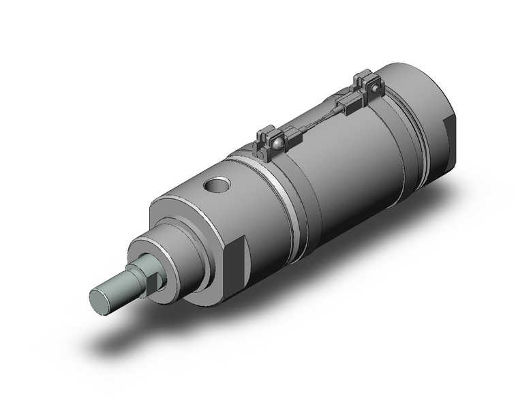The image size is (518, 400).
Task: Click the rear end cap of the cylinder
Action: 423,123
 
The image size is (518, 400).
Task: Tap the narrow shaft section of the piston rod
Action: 119,290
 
